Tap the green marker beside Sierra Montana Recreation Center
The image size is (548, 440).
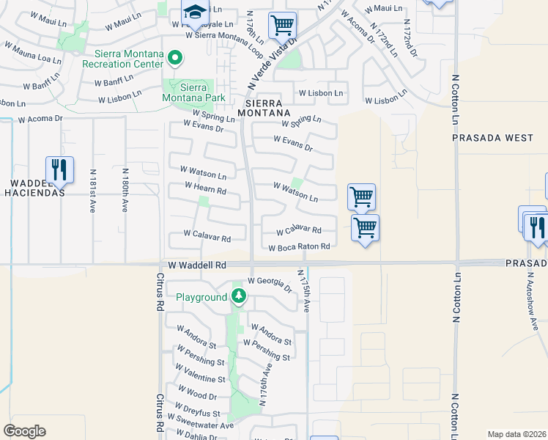point(174,57)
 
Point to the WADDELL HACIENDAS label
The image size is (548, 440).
point(34,187)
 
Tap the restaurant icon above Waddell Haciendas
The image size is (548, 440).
point(59,169)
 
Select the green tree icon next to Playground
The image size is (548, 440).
point(238,296)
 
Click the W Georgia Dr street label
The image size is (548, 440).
point(270,280)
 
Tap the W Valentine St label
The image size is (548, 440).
point(201,379)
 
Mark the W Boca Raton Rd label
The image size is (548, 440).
point(299,247)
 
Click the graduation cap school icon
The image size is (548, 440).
point(196,12)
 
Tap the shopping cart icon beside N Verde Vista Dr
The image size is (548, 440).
point(282,25)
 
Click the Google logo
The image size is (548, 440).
point(24,430)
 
